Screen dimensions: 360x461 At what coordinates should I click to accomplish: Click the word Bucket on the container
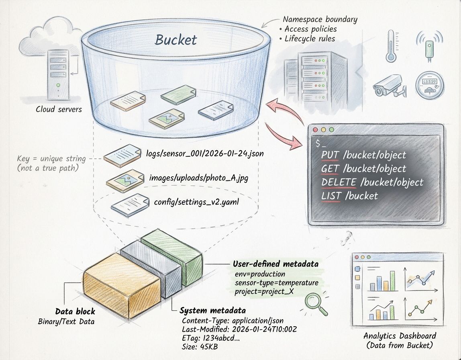click(x=176, y=39)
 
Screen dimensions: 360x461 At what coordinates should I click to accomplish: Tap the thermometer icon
click(x=391, y=45)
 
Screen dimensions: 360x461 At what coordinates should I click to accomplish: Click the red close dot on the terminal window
click(x=315, y=130)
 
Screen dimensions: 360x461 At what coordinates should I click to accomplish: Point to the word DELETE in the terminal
click(x=339, y=182)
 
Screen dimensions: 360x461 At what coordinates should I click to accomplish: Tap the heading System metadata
click(x=212, y=311)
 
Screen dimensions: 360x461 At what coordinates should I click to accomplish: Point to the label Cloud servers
click(x=59, y=109)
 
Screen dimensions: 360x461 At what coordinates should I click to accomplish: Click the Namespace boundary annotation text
click(x=320, y=19)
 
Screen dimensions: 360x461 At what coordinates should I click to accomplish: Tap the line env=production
click(x=260, y=274)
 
